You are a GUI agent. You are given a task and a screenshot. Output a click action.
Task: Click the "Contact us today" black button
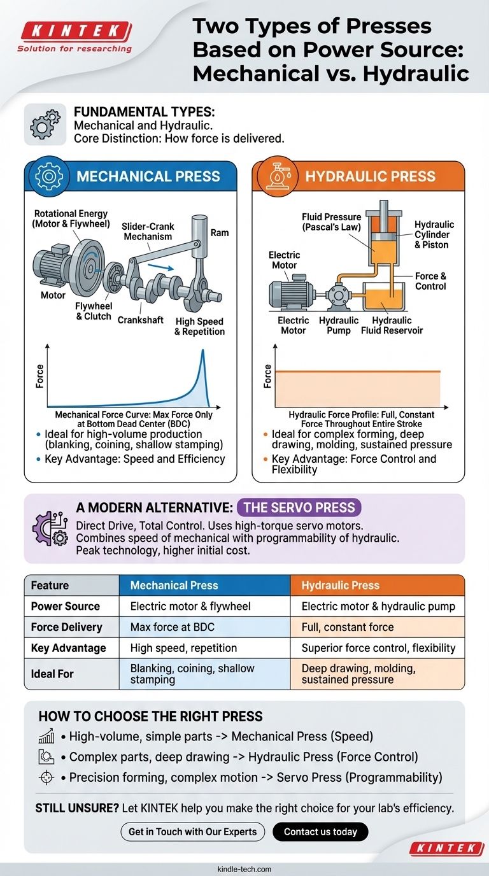tap(320, 831)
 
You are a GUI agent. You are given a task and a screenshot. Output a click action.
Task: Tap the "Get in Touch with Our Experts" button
tap(192, 831)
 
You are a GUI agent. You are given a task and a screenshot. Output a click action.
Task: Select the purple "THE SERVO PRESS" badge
tap(299, 507)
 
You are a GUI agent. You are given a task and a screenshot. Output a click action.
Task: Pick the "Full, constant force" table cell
tap(348, 627)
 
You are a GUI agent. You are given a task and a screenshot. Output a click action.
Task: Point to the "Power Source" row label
tap(66, 606)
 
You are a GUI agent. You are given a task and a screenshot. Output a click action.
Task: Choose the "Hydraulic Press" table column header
tap(340, 585)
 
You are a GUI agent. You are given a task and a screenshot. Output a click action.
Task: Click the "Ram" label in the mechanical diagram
tap(219, 233)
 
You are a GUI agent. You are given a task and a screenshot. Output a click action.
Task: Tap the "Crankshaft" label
tap(141, 320)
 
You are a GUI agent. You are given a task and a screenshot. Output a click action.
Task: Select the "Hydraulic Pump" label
tap(339, 325)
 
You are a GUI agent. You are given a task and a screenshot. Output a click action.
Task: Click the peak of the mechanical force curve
tap(203, 351)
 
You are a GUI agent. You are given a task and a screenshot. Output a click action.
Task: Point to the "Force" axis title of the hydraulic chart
tap(267, 376)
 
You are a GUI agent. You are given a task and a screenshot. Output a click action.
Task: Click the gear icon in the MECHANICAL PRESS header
tap(48, 176)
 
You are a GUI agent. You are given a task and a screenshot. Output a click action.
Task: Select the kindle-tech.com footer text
tap(244, 868)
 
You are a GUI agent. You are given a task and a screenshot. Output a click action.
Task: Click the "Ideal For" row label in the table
tap(52, 673)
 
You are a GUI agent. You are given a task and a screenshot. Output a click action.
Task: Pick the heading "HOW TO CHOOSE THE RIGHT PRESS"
tap(150, 716)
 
